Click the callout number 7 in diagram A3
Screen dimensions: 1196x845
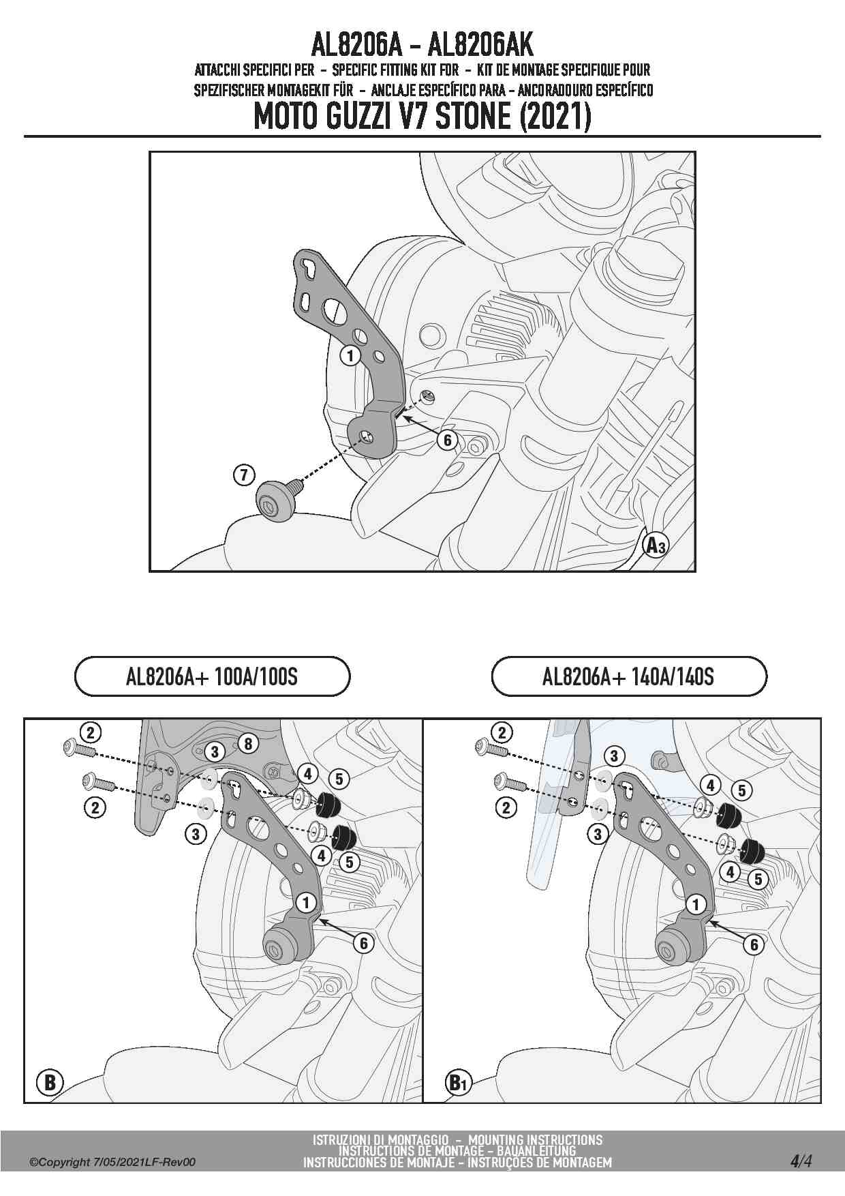coord(244,475)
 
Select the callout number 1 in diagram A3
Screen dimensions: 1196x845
coord(350,355)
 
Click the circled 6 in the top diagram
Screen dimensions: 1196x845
coord(448,440)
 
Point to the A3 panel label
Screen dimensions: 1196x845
coord(656,545)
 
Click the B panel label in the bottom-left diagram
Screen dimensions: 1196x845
coord(50,1082)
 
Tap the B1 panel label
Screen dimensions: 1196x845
coord(457,1082)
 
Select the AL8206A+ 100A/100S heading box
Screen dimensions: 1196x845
coord(212,676)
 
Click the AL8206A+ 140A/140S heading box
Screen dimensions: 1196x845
coord(628,676)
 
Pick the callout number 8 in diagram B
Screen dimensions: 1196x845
coord(248,743)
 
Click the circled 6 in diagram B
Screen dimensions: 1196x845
coord(364,943)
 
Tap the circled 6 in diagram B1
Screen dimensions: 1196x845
coord(754,944)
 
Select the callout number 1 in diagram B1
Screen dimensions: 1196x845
coord(696,905)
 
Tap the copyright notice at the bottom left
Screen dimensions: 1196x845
coord(112,1163)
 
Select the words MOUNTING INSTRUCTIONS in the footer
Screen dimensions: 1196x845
coord(535,1140)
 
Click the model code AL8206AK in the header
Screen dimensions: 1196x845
coord(480,45)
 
